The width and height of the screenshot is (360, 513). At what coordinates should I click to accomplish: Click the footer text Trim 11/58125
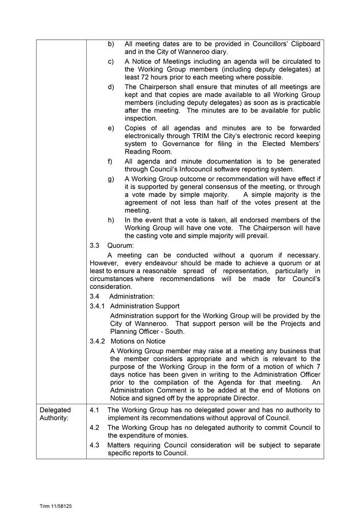coord(56,506)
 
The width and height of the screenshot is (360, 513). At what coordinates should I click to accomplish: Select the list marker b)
coord(111,44)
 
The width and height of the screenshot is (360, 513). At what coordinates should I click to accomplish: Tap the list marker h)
coord(111,220)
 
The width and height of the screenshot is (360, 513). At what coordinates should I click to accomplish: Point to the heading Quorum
coord(121,245)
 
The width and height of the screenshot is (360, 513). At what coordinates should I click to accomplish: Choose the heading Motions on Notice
coord(137,341)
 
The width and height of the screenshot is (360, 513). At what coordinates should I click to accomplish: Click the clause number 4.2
coord(94,428)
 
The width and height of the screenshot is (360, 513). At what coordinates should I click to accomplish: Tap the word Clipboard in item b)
coord(303,44)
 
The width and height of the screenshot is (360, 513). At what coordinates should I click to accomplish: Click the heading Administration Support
coord(145,306)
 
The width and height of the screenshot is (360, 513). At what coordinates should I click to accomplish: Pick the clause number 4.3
coord(94,445)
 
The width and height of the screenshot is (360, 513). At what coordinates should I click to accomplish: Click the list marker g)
coord(111,179)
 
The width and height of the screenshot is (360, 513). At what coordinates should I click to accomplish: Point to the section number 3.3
coord(94,245)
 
